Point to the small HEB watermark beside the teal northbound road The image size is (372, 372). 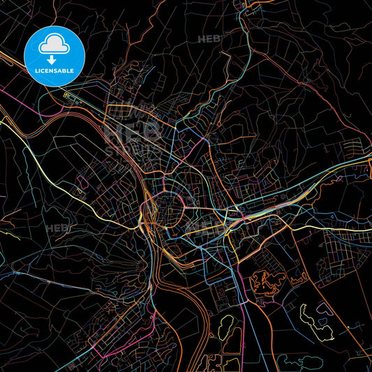(x=208, y=39)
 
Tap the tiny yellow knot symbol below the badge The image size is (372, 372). (x=67, y=95)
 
